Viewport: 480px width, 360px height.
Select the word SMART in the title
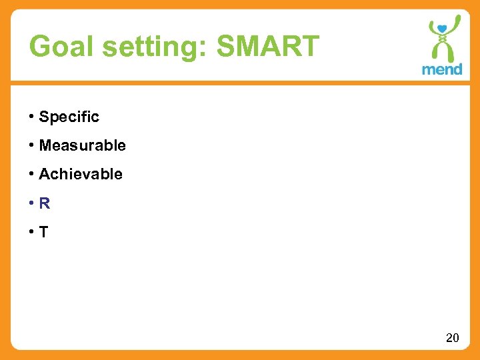pyautogui.click(x=268, y=47)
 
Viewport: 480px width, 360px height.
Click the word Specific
pyautogui.click(x=69, y=117)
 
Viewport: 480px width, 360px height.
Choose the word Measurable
pyautogui.click(x=82, y=145)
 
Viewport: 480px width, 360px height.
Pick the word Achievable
pyautogui.click(x=81, y=174)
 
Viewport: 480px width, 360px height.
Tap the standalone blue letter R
pyautogui.click(x=45, y=204)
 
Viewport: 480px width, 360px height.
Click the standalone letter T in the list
pyautogui.click(x=44, y=233)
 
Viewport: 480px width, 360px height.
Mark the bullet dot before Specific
pyautogui.click(x=31, y=117)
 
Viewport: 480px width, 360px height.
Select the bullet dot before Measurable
pyautogui.click(x=31, y=145)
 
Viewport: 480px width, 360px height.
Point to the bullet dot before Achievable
pyautogui.click(x=31, y=174)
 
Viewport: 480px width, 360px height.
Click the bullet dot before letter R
pyautogui.click(x=31, y=204)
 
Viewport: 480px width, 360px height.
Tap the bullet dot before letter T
pyautogui.click(x=31, y=233)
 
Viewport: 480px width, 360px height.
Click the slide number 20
pyautogui.click(x=452, y=338)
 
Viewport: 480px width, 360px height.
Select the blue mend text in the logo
pyautogui.click(x=442, y=69)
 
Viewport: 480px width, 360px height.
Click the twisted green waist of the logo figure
pyautogui.click(x=442, y=47)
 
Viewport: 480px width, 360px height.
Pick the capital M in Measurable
pyautogui.click(x=45, y=145)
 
